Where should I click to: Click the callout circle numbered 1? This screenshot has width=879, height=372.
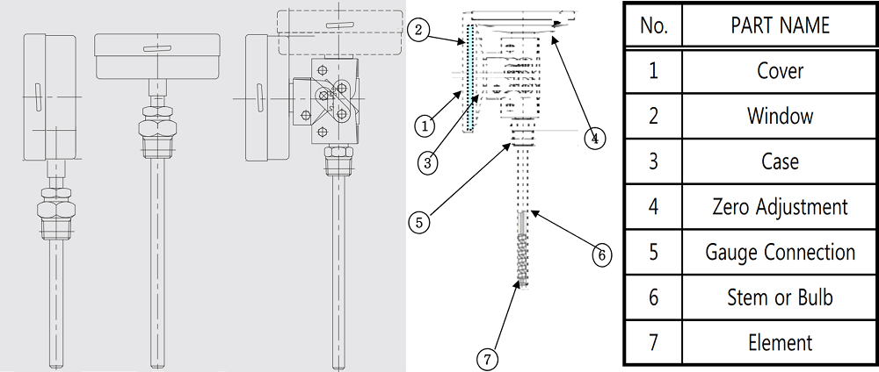(425, 125)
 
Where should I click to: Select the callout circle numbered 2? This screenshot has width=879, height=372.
(418, 29)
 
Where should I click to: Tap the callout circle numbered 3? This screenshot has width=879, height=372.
(428, 163)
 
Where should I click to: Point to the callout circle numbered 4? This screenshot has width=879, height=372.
(595, 138)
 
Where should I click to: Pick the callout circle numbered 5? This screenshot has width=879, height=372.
(419, 223)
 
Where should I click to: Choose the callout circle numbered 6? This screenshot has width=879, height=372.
(601, 255)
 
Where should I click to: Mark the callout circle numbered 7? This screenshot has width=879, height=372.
(488, 358)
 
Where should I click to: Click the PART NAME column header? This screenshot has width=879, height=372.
(780, 25)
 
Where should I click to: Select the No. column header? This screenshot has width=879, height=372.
(653, 25)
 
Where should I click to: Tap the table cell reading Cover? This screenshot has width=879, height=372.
(780, 71)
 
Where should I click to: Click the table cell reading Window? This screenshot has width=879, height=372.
(780, 117)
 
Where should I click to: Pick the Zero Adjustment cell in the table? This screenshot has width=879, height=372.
(780, 207)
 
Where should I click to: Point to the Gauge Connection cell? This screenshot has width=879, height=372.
(780, 253)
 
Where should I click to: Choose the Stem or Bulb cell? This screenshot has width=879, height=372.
(780, 297)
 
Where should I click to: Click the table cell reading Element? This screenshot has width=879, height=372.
(780, 342)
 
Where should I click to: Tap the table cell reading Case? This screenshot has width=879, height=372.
(780, 161)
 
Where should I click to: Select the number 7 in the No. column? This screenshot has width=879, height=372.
(653, 342)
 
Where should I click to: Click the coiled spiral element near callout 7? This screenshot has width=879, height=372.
(522, 261)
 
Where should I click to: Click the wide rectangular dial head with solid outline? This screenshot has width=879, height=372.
(157, 56)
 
